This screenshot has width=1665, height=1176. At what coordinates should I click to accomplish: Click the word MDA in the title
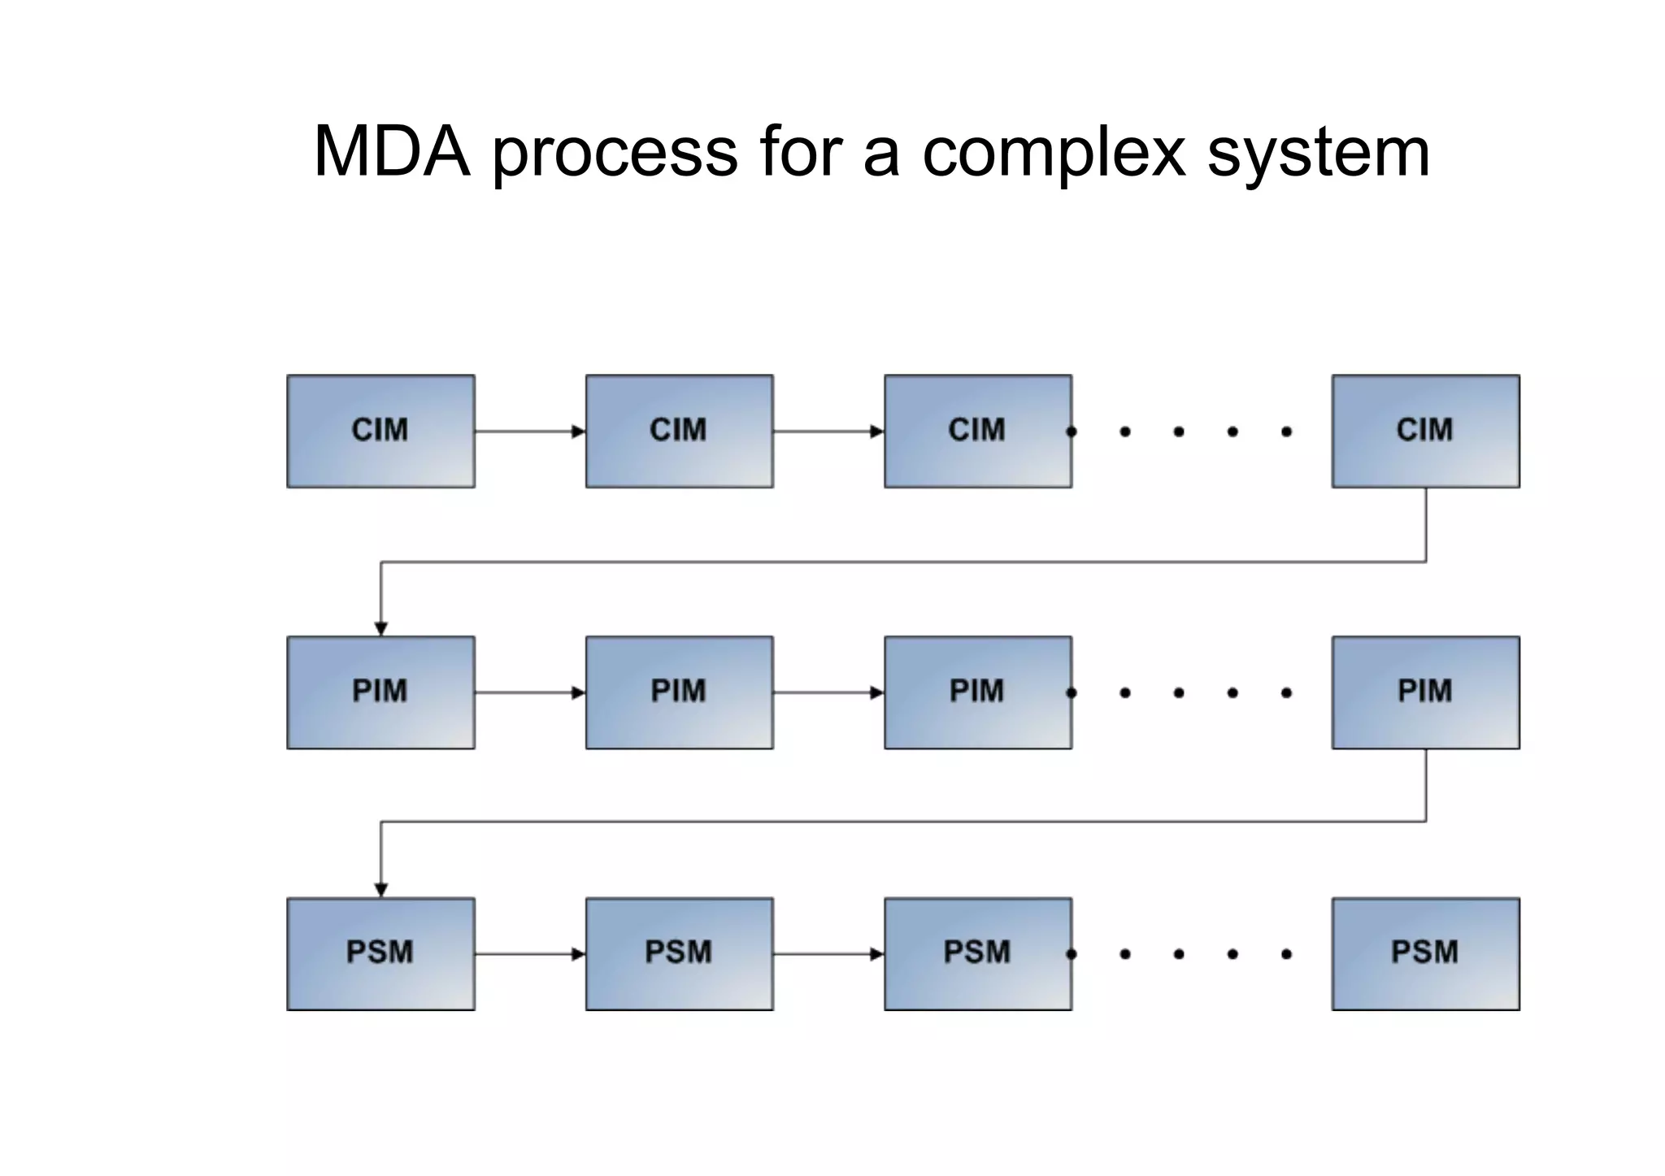pyautogui.click(x=392, y=151)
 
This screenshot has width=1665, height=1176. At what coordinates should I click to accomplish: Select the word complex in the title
pyautogui.click(x=1054, y=153)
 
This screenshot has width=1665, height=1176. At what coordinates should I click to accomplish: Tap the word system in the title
pyautogui.click(x=1318, y=153)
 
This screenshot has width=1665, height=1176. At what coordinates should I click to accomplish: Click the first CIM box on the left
pyautogui.click(x=380, y=431)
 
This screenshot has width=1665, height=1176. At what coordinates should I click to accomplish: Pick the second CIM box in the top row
pyautogui.click(x=679, y=431)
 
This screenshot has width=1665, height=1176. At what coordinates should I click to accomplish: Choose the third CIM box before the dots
pyautogui.click(x=977, y=431)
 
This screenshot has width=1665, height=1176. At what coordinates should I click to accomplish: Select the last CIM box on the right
pyautogui.click(x=1425, y=431)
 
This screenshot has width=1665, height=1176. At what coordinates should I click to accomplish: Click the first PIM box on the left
pyautogui.click(x=380, y=692)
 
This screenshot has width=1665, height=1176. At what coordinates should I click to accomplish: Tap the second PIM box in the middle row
pyautogui.click(x=679, y=692)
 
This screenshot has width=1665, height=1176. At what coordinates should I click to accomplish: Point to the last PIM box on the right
pyautogui.click(x=1425, y=692)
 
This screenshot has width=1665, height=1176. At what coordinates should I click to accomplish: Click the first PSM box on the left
pyautogui.click(x=380, y=953)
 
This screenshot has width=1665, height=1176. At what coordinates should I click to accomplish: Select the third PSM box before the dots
pyautogui.click(x=977, y=953)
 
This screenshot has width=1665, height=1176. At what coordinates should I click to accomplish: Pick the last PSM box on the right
pyautogui.click(x=1425, y=953)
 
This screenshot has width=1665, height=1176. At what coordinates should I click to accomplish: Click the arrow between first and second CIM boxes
pyautogui.click(x=529, y=432)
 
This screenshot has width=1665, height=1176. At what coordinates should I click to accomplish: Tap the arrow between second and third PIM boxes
pyautogui.click(x=828, y=692)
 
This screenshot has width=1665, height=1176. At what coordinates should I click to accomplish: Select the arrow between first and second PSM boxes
pyautogui.click(x=529, y=953)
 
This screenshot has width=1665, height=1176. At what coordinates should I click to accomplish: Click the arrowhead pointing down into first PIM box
pyautogui.click(x=380, y=628)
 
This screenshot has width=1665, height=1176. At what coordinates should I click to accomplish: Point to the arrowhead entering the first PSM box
pyautogui.click(x=380, y=890)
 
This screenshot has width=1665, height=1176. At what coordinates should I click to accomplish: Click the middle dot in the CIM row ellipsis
pyautogui.click(x=1179, y=432)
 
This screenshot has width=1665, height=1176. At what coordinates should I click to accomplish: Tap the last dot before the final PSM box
pyautogui.click(x=1286, y=954)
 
